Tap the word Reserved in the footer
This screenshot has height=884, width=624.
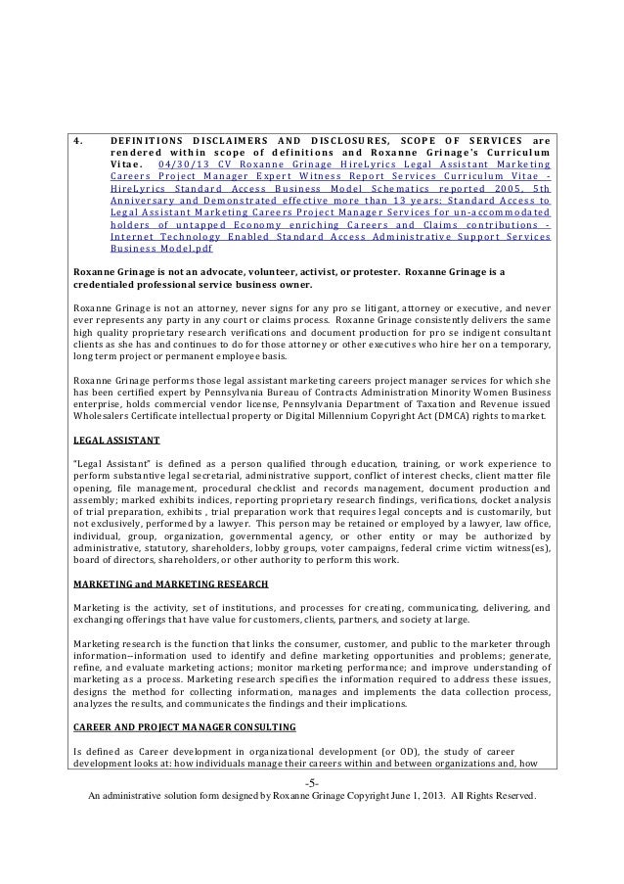[509, 796]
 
